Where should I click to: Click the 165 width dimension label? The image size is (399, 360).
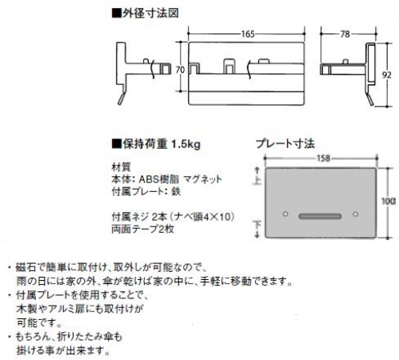click(x=248, y=34)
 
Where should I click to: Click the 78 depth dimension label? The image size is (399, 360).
click(x=345, y=34)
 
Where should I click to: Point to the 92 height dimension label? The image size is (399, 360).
click(x=387, y=75)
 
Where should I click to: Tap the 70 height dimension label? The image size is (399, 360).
click(x=180, y=70)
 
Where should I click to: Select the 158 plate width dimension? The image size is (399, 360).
click(x=323, y=158)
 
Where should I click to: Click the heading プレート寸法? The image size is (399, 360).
click(x=285, y=144)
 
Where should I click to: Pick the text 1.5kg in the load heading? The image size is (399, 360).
click(x=186, y=145)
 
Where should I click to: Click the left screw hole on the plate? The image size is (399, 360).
click(x=285, y=214)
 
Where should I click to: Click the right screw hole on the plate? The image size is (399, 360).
click(x=355, y=214)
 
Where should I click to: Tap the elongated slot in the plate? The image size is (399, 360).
click(x=320, y=216)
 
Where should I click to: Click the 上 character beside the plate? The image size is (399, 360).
click(x=257, y=181)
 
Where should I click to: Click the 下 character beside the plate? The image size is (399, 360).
click(x=257, y=226)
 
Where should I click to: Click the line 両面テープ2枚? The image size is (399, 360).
click(x=143, y=229)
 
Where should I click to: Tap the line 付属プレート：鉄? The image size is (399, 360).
click(x=146, y=191)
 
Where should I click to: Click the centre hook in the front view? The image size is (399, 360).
click(x=229, y=66)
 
